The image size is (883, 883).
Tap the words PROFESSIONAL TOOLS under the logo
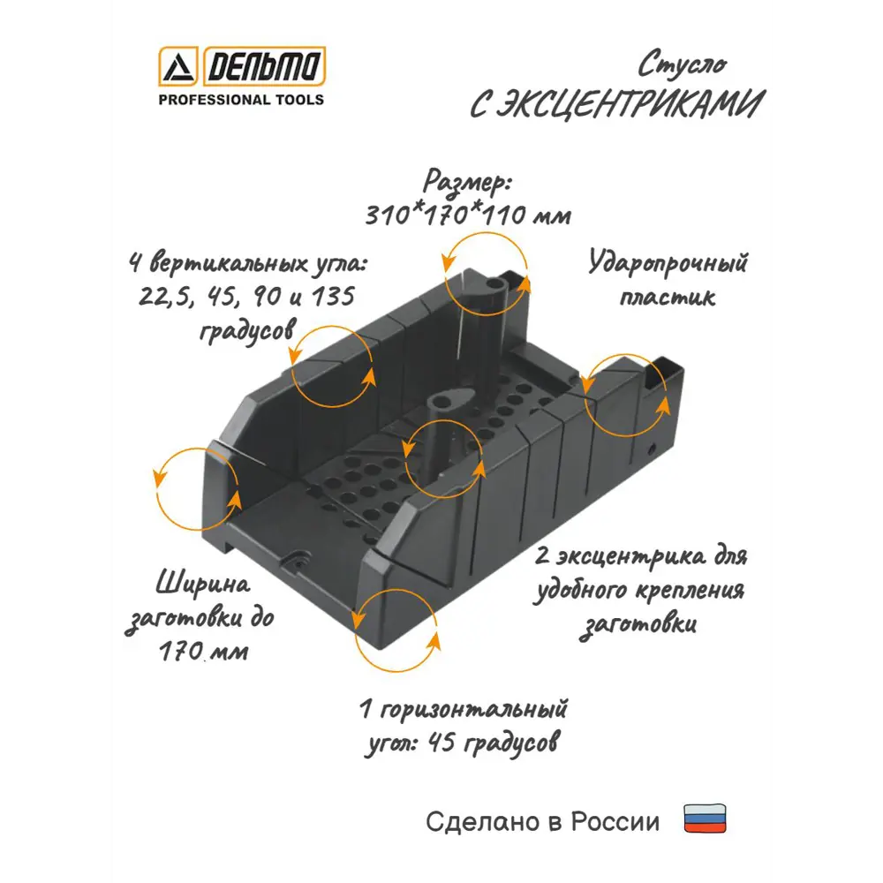coord(241,100)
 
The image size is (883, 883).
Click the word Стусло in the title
coord(682,64)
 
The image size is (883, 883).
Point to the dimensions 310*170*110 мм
coord(468,215)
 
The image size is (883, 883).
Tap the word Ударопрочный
coord(668,263)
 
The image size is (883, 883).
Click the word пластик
coord(668,297)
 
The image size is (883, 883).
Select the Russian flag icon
coord(705,819)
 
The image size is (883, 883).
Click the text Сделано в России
coord(542,821)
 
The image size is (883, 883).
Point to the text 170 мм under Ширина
coord(203,653)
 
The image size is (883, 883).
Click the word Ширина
coord(203,584)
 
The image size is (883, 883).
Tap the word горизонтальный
coord(473,710)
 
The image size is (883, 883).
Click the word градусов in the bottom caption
coord(512,743)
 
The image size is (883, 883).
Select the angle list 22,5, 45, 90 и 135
coord(246,296)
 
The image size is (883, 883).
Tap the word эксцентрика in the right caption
coord(630,556)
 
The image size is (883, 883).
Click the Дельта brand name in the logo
coord(264,66)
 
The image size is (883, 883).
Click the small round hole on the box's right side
coord(651,449)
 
